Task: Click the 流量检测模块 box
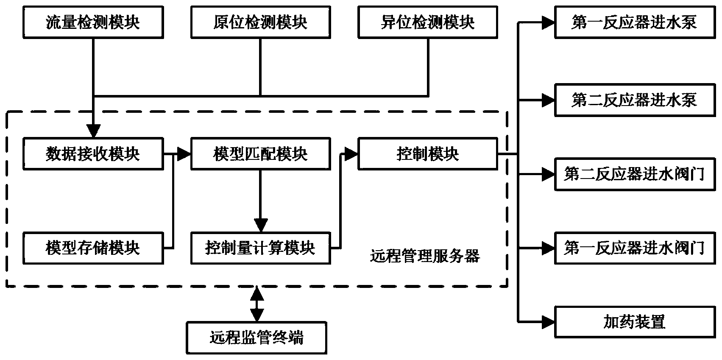click(x=93, y=22)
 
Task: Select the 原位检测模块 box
click(x=260, y=22)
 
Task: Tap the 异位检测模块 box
click(x=427, y=22)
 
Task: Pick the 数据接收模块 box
click(x=93, y=154)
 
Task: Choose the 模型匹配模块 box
click(x=260, y=154)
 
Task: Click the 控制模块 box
click(x=427, y=154)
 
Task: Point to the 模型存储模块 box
click(x=93, y=248)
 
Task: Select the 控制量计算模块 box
click(x=260, y=248)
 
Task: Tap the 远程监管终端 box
click(x=256, y=338)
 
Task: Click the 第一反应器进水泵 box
click(x=634, y=22)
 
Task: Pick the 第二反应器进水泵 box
click(x=634, y=100)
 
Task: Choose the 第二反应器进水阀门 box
click(x=634, y=174)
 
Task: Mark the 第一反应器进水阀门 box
click(x=634, y=248)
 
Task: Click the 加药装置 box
click(x=634, y=322)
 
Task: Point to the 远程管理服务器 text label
click(x=425, y=256)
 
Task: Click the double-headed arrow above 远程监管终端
click(x=256, y=304)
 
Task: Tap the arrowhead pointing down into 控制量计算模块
click(x=260, y=225)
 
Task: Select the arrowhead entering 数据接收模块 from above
click(x=93, y=131)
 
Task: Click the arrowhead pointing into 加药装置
click(x=547, y=322)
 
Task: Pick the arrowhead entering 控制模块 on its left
click(x=351, y=154)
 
